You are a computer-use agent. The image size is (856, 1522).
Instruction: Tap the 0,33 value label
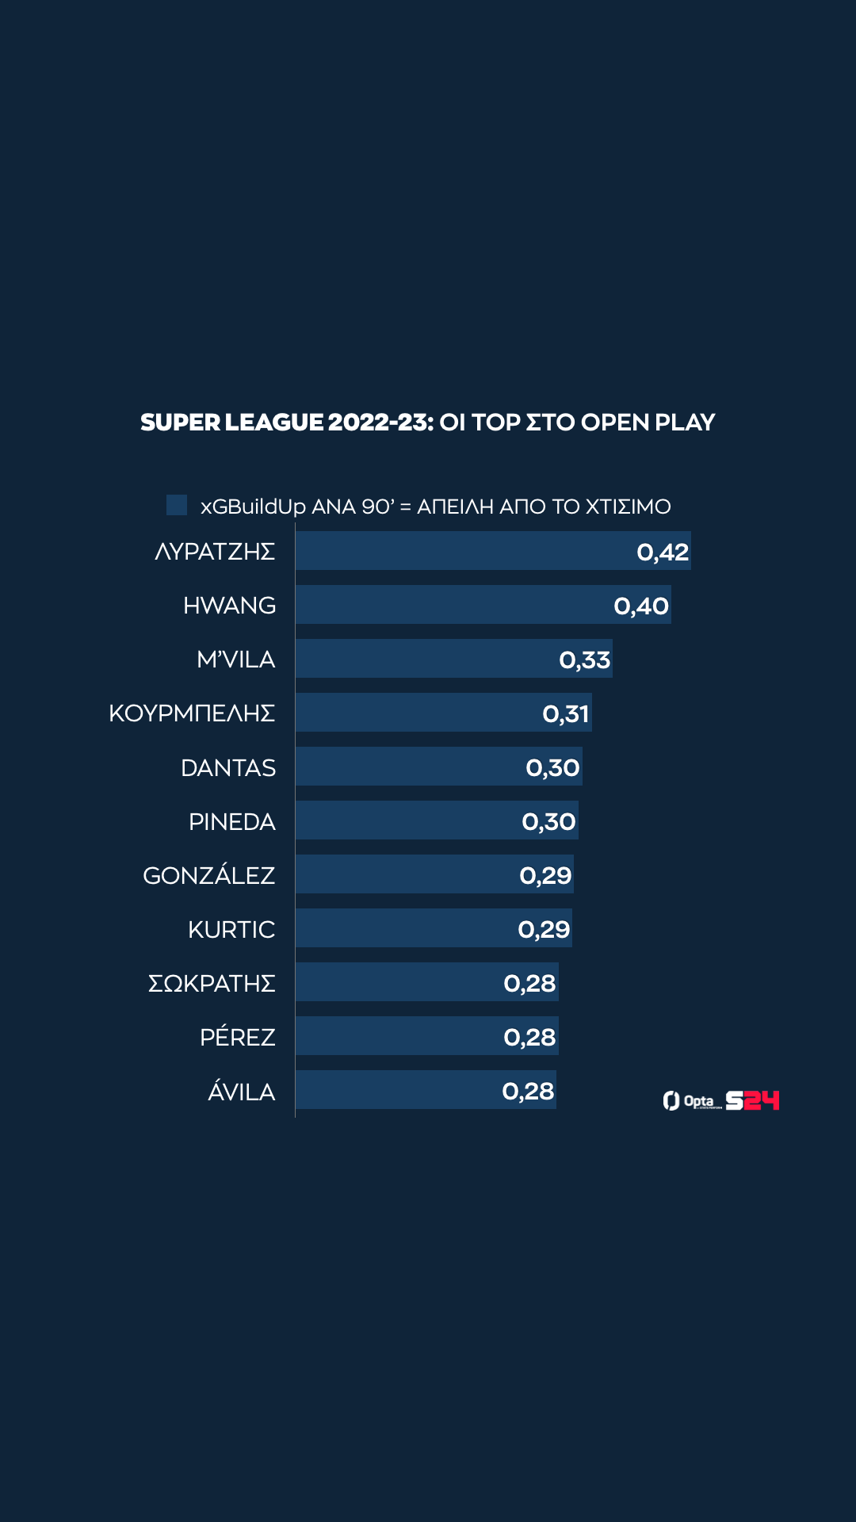585,660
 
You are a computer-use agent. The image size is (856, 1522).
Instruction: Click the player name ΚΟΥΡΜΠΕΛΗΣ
192,713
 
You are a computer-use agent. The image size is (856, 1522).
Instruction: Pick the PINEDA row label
231,821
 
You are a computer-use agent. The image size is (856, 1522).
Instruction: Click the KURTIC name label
231,929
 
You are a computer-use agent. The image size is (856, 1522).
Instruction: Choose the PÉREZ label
237,1037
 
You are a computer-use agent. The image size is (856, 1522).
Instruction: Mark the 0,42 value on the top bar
663,552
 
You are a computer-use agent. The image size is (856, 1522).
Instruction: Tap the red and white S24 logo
752,1100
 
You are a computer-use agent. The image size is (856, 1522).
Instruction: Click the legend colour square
177,505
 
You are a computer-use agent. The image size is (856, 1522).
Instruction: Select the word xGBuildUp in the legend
253,507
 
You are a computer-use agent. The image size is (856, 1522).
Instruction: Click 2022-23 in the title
380,423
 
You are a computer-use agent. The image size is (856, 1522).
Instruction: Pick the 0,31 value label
566,713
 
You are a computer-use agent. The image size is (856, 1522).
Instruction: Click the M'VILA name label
235,660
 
